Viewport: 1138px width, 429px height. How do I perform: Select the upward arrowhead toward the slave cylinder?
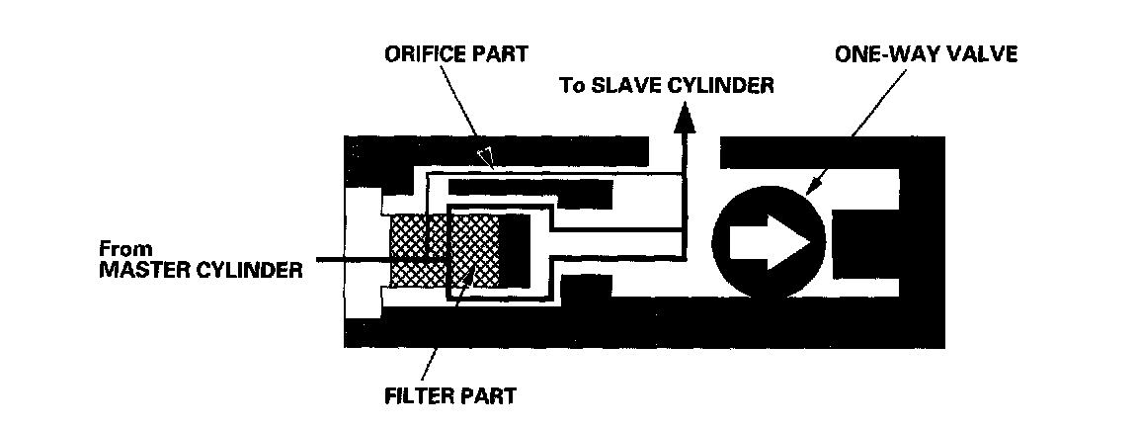pos(685,119)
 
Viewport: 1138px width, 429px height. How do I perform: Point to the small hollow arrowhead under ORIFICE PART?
pos(484,155)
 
